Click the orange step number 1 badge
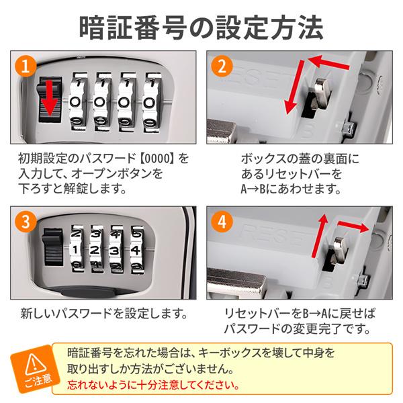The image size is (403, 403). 26,66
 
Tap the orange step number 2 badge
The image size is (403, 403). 222,66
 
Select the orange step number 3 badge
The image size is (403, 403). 26,221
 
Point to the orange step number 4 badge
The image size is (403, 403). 222,221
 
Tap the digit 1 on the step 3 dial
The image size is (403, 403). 75,250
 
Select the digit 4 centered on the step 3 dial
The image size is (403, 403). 135,250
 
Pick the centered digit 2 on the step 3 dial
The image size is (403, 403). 95,250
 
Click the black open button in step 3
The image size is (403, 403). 53,247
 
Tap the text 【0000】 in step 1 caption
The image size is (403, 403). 155,159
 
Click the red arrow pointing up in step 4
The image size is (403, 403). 319,236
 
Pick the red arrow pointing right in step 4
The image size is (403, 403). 354,226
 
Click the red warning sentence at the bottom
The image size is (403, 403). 153,385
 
